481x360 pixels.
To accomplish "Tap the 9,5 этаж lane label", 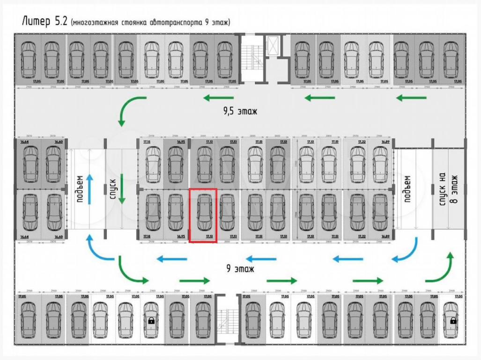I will tap(240, 112).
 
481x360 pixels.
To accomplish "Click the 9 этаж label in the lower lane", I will tap(240, 269).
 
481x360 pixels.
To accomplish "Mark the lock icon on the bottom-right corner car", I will tap(453, 321).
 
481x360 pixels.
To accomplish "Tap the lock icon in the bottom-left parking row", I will tap(151, 321).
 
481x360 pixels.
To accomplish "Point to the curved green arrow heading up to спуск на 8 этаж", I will tap(441, 267).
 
